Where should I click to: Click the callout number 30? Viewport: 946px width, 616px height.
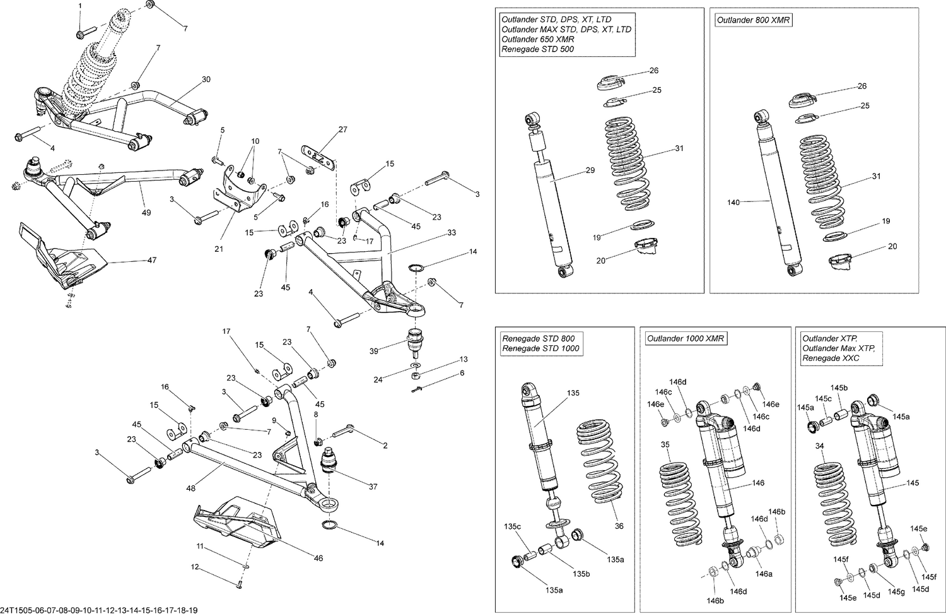coord(206,80)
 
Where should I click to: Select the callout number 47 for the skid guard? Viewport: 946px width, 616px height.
coord(151,260)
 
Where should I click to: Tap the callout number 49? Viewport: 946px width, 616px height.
coord(146,213)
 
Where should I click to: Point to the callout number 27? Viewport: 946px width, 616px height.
coord(342,130)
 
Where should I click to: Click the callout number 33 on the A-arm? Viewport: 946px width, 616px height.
coord(452,233)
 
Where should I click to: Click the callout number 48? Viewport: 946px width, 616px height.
coord(190,488)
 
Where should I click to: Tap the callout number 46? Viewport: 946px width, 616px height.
coord(318,558)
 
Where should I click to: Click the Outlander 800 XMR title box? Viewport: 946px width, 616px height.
coord(753,20)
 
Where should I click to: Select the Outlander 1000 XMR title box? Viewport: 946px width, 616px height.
coord(685,339)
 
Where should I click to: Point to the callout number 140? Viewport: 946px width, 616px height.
coord(733,203)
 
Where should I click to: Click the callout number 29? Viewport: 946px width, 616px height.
coord(590,170)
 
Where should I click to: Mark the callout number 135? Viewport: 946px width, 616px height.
coord(573,393)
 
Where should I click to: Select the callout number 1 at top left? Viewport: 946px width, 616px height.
coord(80,6)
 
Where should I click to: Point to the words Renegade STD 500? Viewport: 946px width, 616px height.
coord(537,49)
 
